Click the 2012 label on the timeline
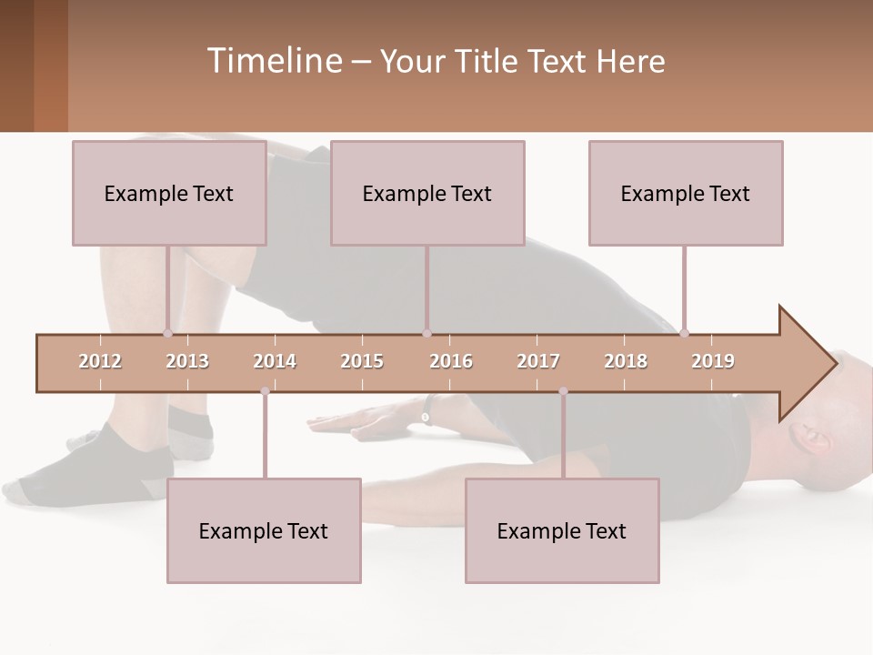(100, 361)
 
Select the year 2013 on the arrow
(187, 361)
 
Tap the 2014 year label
(275, 361)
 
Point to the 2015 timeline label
(362, 361)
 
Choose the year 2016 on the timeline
(451, 361)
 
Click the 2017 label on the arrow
(538, 361)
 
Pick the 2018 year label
(626, 361)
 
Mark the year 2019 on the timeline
(713, 361)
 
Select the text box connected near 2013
(169, 193)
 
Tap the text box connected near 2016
(427, 193)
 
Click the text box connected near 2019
(686, 193)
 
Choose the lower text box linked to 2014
(264, 530)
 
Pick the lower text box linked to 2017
(562, 530)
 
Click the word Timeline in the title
(273, 61)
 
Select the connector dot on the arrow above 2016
(426, 333)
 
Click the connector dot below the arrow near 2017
(563, 391)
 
